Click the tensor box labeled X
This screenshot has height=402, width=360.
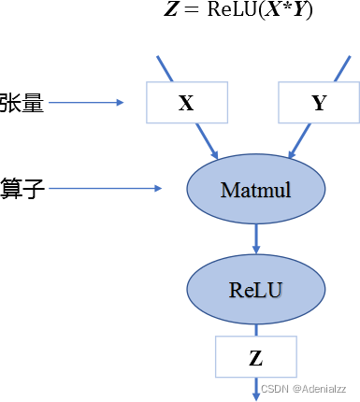tap(186, 103)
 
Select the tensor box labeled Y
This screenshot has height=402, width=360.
tap(319, 103)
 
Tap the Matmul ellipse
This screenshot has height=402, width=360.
tap(256, 190)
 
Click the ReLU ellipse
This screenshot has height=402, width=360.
tap(256, 289)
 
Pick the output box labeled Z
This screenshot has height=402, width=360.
tap(256, 357)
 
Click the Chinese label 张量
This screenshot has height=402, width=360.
tap(22, 103)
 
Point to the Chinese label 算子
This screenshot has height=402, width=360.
tap(22, 189)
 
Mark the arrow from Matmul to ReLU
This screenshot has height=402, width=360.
tap(256, 240)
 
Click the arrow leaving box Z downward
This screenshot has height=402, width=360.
tap(256, 387)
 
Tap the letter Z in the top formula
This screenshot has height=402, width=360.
tap(172, 13)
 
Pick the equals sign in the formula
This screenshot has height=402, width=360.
tap(190, 13)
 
